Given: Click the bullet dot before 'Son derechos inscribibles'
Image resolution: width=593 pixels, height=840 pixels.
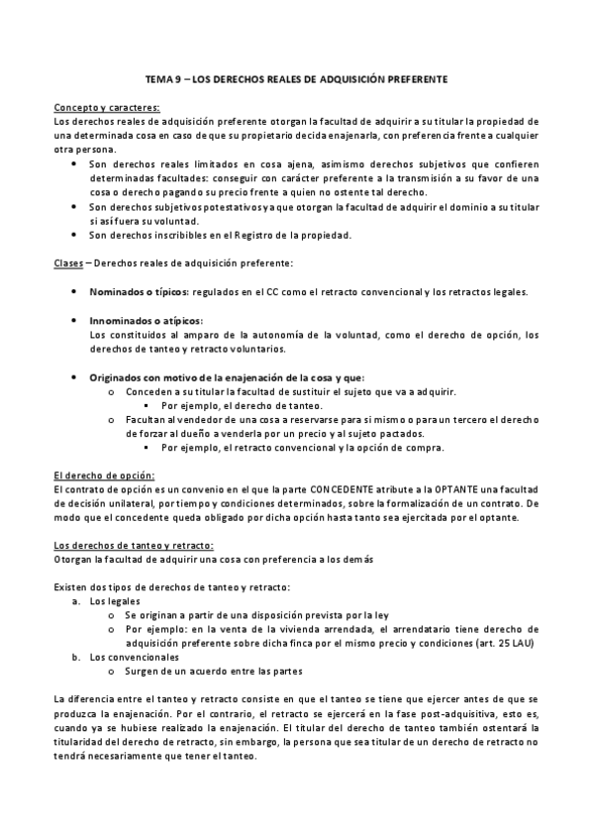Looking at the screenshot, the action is (74, 234).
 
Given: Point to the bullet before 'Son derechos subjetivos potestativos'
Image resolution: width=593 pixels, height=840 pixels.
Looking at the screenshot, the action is (74, 205).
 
